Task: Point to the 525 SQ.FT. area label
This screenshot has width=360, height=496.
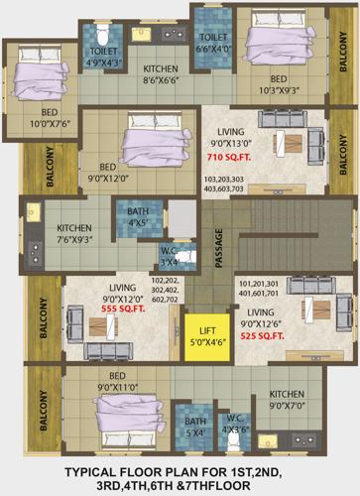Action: point(262,335)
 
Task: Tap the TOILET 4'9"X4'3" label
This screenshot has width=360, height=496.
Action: point(104,57)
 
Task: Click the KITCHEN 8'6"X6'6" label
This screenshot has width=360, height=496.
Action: point(161,73)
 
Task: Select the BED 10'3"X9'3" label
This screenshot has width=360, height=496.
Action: point(281,83)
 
